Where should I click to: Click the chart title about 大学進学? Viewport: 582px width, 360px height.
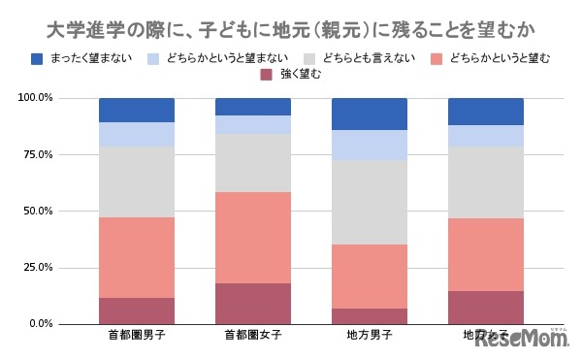coord(290,22)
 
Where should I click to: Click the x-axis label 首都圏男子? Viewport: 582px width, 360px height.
coord(136,337)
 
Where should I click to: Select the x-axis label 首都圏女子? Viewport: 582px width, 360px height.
coord(252,337)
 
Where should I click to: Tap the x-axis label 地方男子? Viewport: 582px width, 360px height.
coord(369,337)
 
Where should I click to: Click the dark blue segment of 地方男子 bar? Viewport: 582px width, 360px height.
coord(369,114)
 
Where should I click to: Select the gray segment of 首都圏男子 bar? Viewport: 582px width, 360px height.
coord(136,181)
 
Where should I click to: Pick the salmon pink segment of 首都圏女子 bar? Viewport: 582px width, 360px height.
coord(252,238)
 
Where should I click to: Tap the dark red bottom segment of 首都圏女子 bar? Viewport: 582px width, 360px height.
coord(252,303)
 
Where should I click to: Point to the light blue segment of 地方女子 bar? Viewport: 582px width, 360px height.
coord(485,136)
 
